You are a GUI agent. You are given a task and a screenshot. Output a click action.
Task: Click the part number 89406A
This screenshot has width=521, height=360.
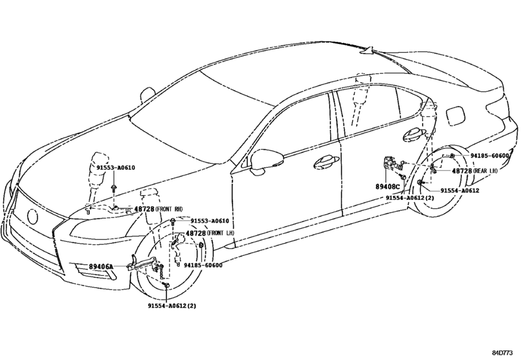pyautogui.click(x=101, y=267)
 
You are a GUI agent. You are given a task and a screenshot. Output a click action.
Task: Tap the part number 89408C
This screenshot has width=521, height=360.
pyautogui.click(x=388, y=187)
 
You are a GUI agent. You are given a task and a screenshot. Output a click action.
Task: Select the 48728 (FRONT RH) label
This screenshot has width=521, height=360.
pyautogui.click(x=159, y=209)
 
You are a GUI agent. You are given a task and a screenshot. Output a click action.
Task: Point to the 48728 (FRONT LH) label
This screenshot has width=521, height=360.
pyautogui.click(x=210, y=233)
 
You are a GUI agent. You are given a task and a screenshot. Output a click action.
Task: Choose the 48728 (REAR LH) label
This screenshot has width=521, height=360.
pyautogui.click(x=475, y=170)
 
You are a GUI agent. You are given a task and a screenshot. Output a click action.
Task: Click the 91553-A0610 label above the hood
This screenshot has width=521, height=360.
pyautogui.click(x=116, y=168)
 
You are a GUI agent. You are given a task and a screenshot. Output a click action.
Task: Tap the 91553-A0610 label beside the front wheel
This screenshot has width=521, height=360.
pyautogui.click(x=209, y=221)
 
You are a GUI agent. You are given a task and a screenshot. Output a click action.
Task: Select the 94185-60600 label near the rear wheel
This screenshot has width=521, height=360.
pyautogui.click(x=490, y=156)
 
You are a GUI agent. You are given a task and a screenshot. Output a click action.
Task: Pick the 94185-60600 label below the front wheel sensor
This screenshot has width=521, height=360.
pyautogui.click(x=203, y=265)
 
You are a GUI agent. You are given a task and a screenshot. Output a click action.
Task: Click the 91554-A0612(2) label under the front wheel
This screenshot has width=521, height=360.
pyautogui.click(x=172, y=305)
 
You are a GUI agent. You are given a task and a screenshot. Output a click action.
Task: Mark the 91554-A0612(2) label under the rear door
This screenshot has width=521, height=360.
pyautogui.click(x=410, y=198)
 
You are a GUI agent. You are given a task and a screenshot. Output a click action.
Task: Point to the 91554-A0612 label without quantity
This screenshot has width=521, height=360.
pyautogui.click(x=460, y=191)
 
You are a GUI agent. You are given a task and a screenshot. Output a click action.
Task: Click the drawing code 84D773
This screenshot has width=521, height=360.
pyautogui.click(x=502, y=353)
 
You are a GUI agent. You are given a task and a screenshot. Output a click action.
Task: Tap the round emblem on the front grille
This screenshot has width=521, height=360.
pyautogui.click(x=33, y=217)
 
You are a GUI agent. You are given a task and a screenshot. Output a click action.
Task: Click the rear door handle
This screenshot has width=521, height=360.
pyautogui.click(x=414, y=134)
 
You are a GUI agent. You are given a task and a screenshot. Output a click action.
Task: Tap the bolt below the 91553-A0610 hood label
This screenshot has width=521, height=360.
pyautogui.click(x=114, y=188)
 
